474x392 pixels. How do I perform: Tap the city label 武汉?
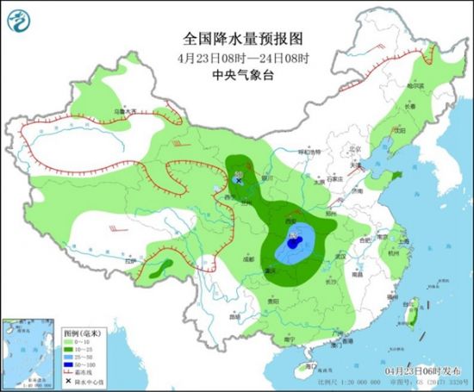340,256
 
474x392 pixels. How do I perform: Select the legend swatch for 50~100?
72,367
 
